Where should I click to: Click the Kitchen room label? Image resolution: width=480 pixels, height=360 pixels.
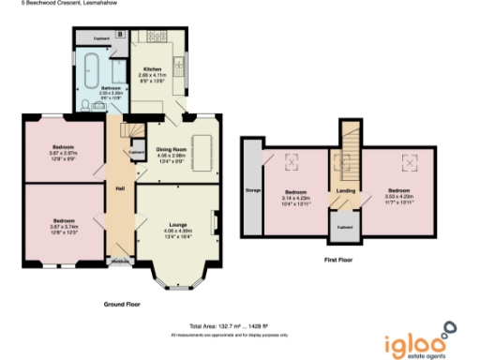[x=152, y=70]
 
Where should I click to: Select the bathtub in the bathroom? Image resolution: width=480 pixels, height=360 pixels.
[x=90, y=67]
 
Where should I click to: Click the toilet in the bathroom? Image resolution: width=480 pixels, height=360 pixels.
[x=85, y=107]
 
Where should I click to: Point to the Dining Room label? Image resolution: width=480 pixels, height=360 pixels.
[x=177, y=148]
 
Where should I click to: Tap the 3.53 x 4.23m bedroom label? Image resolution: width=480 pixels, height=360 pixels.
[x=397, y=190]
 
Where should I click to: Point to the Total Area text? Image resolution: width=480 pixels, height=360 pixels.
[x=229, y=325]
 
